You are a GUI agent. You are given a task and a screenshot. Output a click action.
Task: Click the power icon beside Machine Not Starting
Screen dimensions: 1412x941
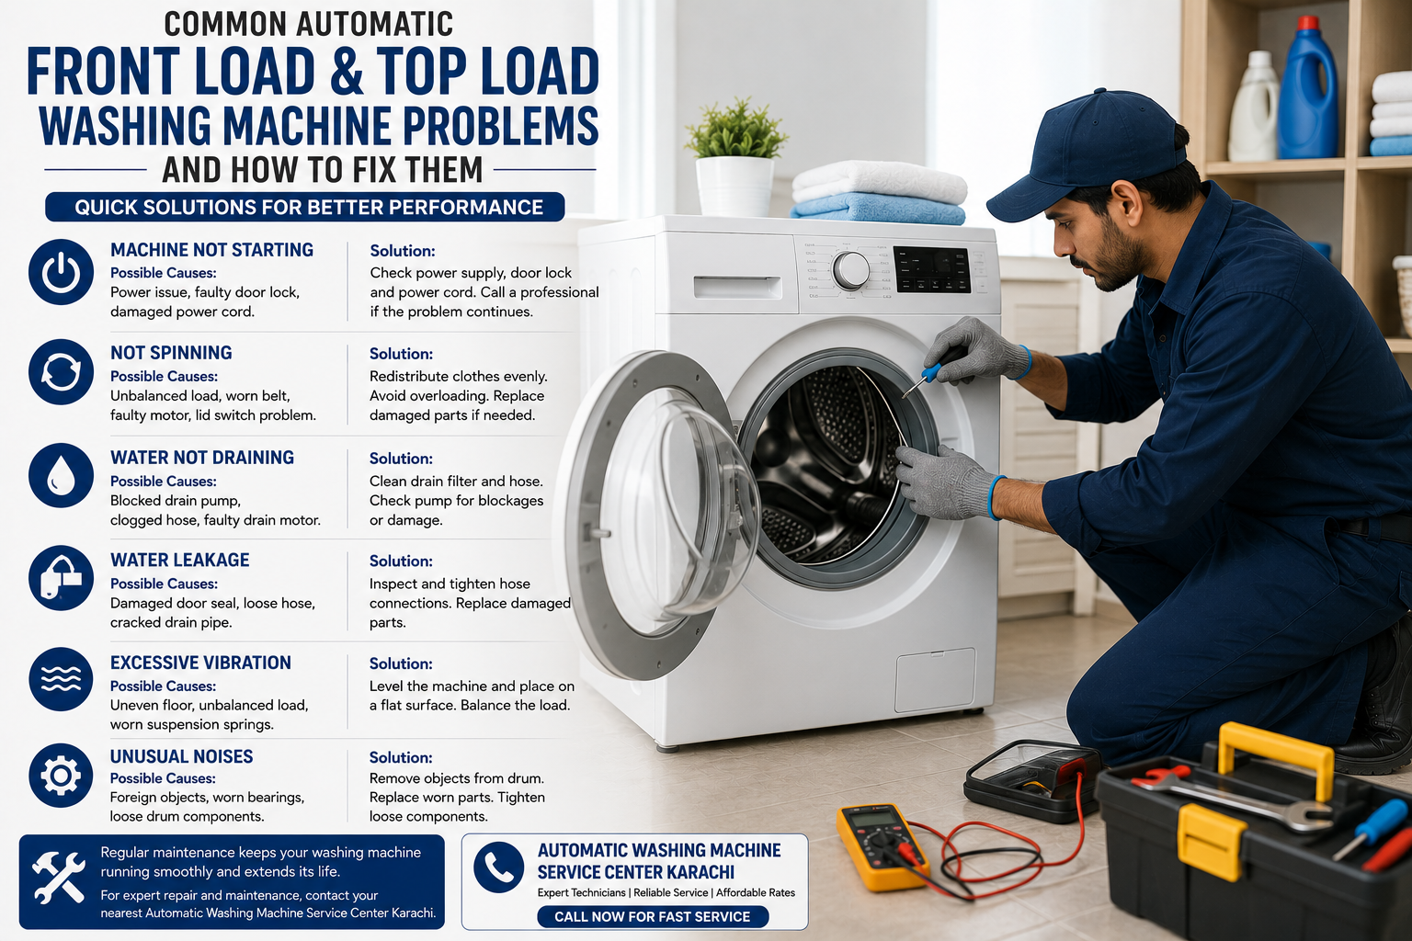tap(62, 272)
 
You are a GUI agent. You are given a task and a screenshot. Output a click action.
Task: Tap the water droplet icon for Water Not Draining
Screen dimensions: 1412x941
tap(62, 475)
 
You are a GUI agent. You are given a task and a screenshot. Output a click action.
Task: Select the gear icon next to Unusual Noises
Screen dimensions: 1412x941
tap(62, 776)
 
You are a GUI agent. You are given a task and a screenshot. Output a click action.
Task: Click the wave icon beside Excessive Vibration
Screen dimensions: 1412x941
tap(62, 679)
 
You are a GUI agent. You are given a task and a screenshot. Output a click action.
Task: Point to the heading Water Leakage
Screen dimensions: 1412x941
tap(179, 561)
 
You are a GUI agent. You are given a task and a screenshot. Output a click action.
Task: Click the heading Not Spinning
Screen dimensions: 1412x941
tap(171, 353)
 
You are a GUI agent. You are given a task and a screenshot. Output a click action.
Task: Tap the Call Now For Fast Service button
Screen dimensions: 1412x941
tap(653, 916)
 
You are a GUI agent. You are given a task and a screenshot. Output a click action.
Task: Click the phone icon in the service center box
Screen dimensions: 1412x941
tap(498, 867)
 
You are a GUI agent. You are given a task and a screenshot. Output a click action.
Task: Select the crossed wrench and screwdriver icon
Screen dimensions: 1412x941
tap(59, 877)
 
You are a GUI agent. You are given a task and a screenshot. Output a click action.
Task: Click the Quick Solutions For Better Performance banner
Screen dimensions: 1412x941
tap(305, 207)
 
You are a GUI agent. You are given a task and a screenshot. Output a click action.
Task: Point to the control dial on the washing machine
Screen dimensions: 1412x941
tap(851, 271)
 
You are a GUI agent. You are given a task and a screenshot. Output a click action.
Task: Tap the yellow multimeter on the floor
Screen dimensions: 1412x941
tap(882, 845)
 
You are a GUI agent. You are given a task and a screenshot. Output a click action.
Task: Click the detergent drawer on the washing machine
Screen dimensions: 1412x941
tap(737, 287)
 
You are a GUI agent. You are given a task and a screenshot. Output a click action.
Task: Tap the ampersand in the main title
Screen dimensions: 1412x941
tap(346, 71)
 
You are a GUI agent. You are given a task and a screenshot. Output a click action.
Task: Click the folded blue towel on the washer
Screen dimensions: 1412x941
tap(878, 210)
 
